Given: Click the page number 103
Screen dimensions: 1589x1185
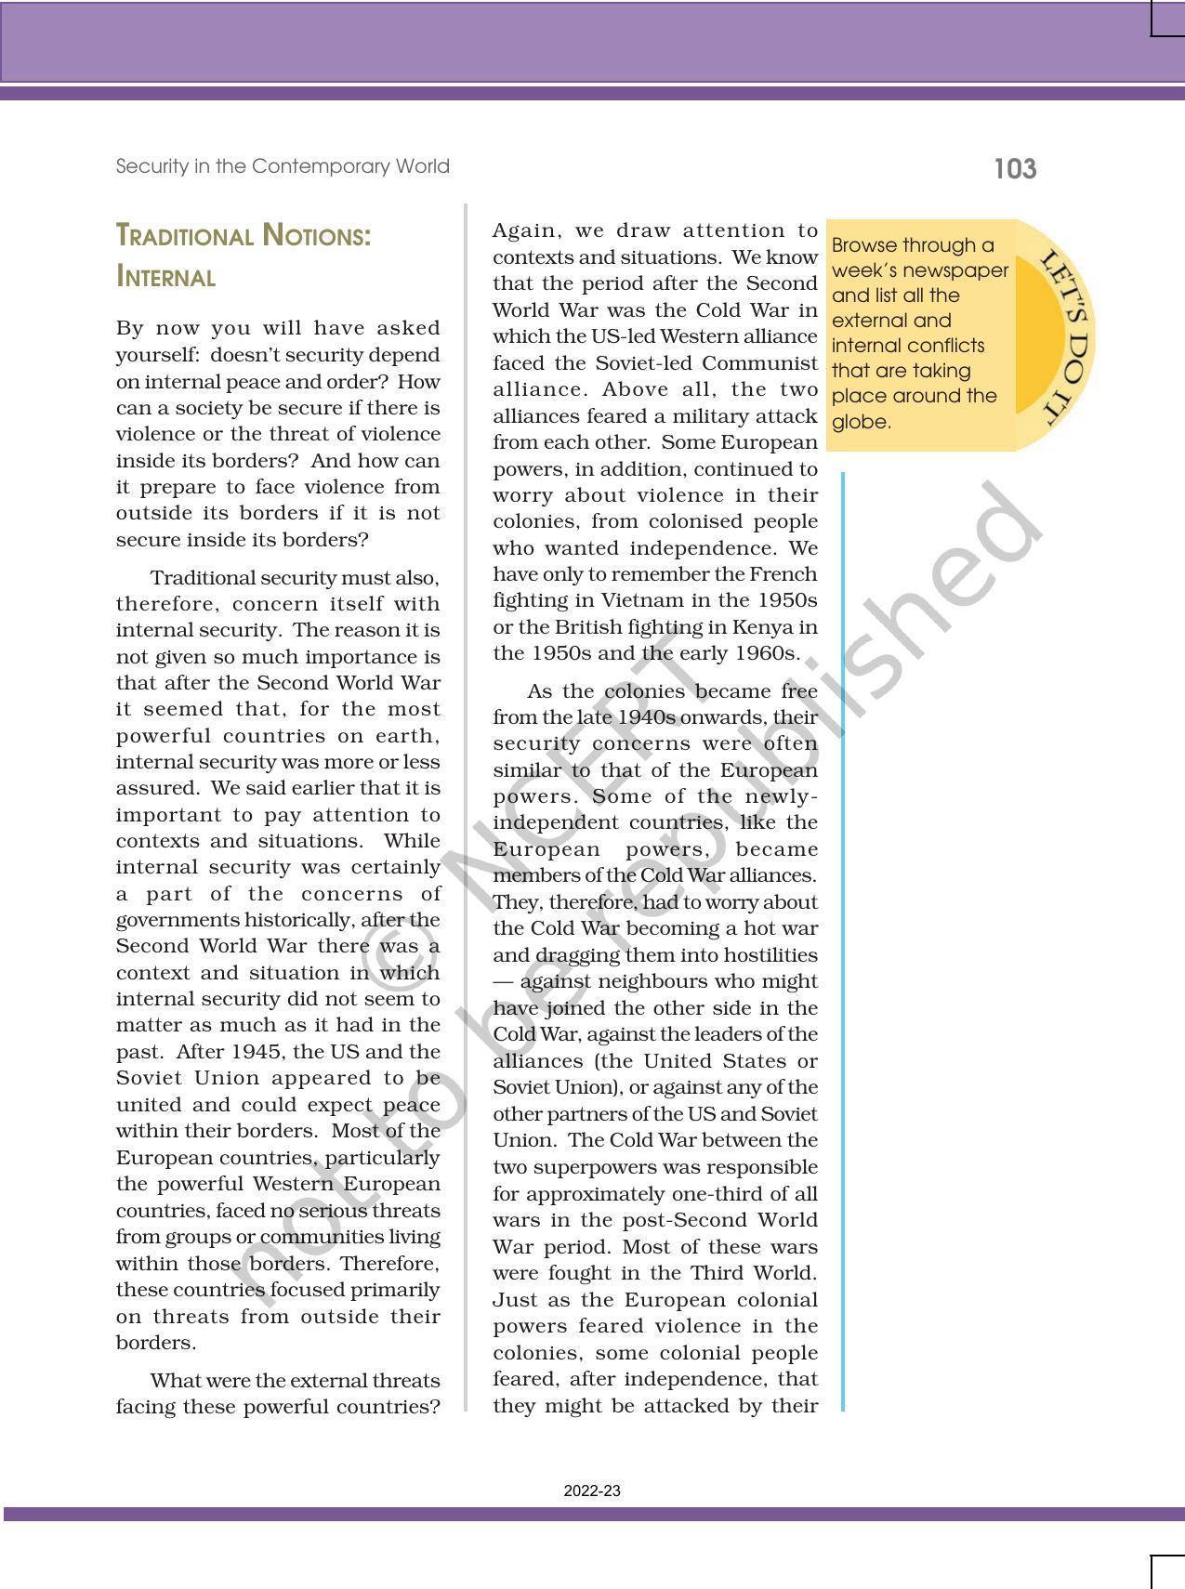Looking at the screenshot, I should pos(1015,169).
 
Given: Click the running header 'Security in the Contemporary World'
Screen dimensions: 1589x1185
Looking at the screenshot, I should pos(283,166).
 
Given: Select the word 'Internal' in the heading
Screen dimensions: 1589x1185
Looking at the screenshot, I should pos(165,277).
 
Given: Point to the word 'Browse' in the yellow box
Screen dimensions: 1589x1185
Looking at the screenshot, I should pos(863,245).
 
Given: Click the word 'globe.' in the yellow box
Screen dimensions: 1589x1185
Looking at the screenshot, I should pos(861,422).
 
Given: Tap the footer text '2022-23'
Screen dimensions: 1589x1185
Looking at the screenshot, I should pos(592,1491).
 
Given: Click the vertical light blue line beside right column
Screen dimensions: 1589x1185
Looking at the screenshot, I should pos(843,929).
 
